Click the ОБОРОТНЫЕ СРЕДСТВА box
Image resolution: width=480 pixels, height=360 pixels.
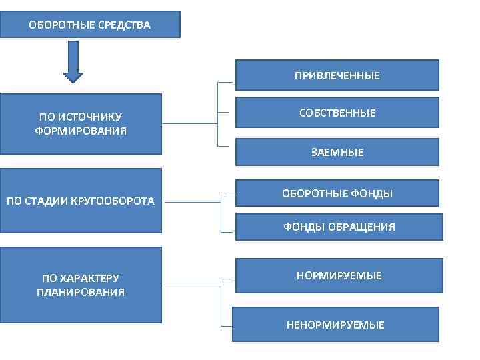click(x=90, y=25)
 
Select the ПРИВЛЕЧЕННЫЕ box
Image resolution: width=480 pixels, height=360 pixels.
click(x=337, y=75)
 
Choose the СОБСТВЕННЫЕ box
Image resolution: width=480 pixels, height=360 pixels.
click(x=337, y=113)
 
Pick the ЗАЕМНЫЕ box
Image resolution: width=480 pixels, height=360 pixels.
click(x=337, y=152)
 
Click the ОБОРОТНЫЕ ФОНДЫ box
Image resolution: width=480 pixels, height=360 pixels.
click(x=337, y=193)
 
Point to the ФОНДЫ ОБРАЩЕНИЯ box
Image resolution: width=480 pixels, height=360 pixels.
click(x=339, y=227)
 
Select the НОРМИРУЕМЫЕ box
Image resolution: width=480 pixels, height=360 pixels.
click(x=339, y=275)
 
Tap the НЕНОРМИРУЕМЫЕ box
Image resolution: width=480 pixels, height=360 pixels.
click(x=335, y=325)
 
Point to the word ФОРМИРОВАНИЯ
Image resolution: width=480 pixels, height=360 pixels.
click(x=81, y=131)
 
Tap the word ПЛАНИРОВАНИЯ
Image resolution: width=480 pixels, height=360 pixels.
click(x=81, y=292)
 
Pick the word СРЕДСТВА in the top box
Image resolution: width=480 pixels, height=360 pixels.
click(x=125, y=25)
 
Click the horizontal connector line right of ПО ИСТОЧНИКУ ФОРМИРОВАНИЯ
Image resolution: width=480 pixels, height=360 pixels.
click(x=190, y=123)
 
